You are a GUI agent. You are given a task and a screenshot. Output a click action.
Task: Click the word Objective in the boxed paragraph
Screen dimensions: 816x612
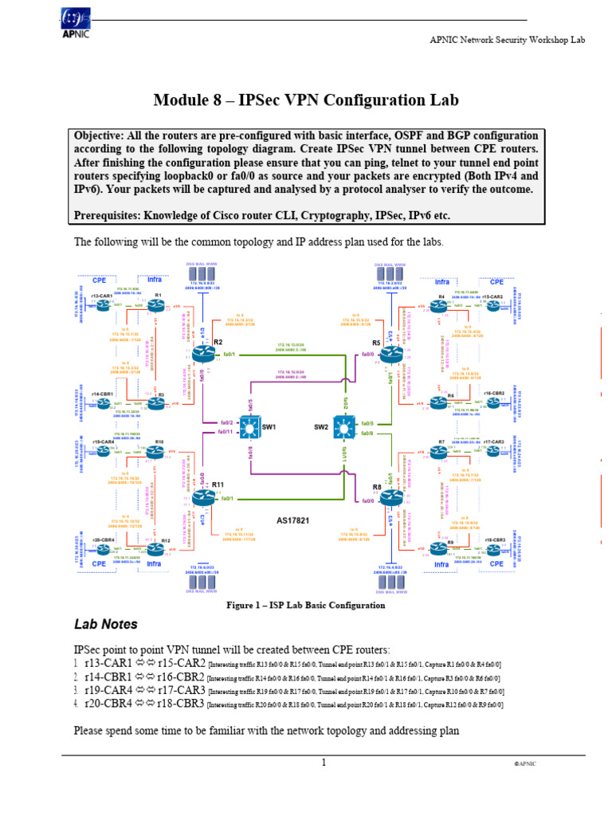(x=102, y=135)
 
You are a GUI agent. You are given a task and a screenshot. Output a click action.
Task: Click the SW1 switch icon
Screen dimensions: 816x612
(x=249, y=427)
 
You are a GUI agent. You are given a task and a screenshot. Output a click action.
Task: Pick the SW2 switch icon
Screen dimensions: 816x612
(x=343, y=427)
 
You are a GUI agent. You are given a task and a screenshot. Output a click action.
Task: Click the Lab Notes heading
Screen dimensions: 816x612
(x=105, y=624)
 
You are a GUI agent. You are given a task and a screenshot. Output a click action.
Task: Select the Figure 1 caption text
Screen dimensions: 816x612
(x=306, y=605)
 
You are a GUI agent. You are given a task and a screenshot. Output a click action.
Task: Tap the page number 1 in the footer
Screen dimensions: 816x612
(x=324, y=763)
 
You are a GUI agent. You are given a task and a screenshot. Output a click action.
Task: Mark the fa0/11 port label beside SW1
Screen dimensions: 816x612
(x=226, y=432)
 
